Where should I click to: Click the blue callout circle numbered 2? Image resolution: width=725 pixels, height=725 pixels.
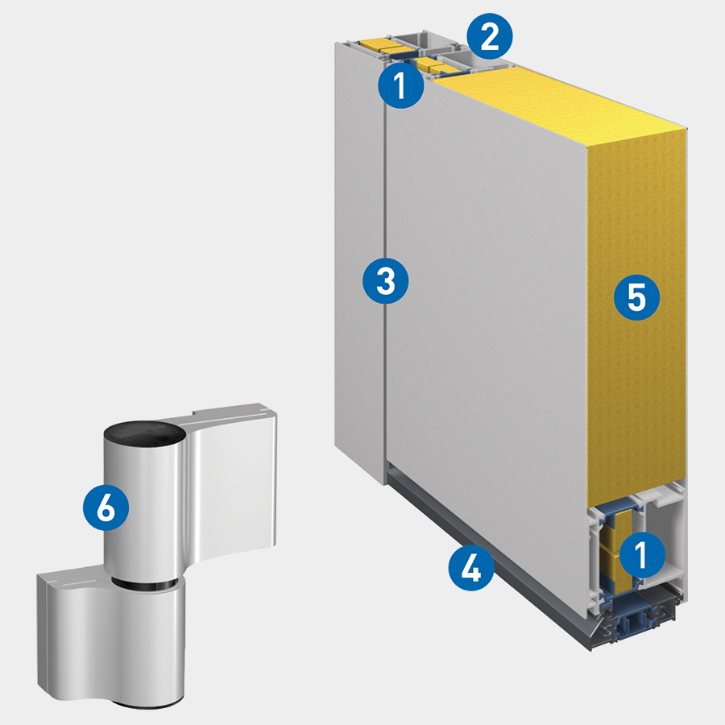[490, 36]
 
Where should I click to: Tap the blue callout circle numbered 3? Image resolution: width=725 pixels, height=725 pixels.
[386, 280]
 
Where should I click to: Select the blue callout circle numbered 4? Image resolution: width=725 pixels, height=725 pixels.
[471, 567]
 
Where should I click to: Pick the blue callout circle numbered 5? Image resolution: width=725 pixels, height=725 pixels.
[636, 297]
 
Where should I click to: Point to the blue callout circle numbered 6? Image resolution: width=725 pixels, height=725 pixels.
[106, 507]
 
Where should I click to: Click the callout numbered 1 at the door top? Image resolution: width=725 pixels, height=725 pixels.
[401, 85]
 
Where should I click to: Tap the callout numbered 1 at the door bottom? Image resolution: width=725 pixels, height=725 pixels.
[642, 554]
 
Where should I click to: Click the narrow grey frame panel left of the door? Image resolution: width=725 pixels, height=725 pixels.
[360, 263]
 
